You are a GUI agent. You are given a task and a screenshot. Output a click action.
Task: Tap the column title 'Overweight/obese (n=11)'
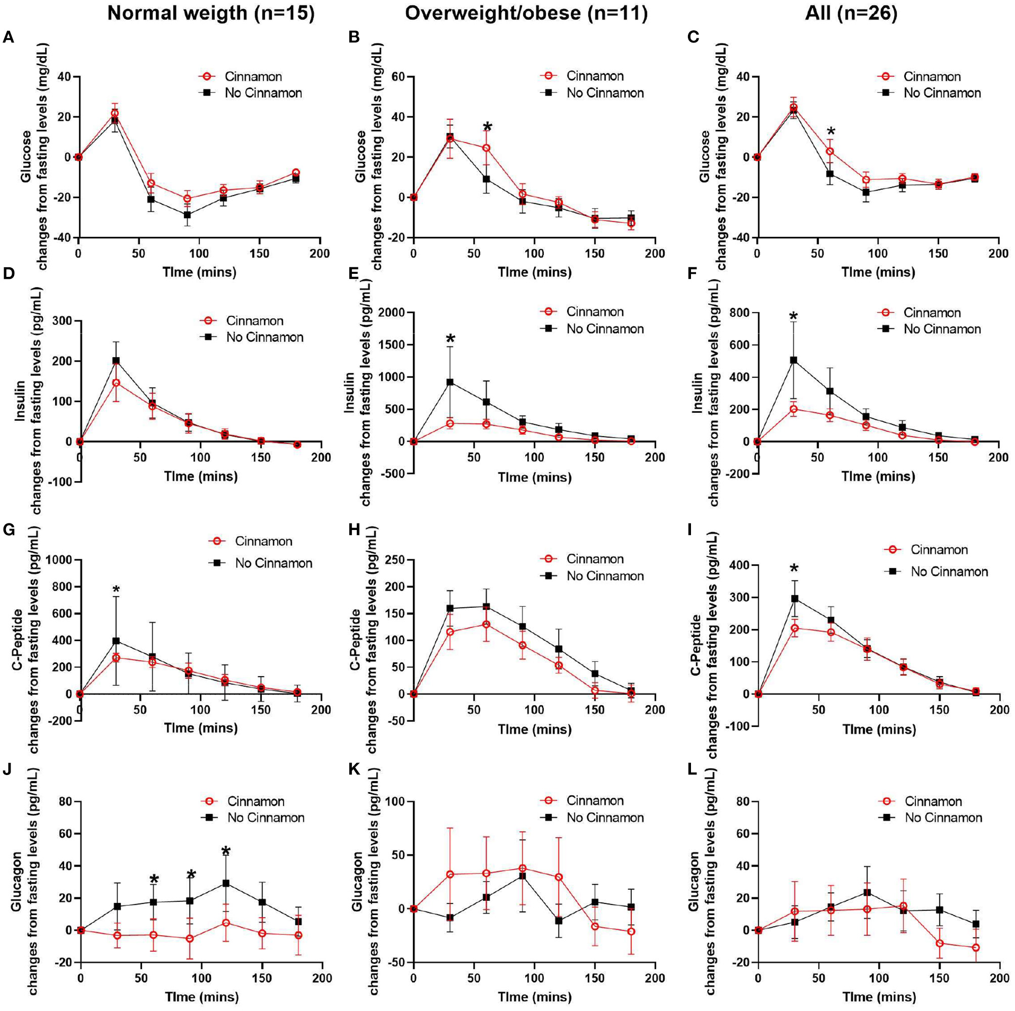(525, 13)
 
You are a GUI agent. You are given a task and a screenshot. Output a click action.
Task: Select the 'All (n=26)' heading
(851, 13)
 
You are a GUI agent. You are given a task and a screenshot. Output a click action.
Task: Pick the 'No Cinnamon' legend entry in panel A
(263, 93)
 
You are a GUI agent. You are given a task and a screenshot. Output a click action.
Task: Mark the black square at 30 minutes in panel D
(116, 361)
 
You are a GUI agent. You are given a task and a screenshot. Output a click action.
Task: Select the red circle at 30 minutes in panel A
(115, 113)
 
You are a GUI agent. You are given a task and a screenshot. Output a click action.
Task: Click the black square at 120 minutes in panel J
(225, 883)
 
